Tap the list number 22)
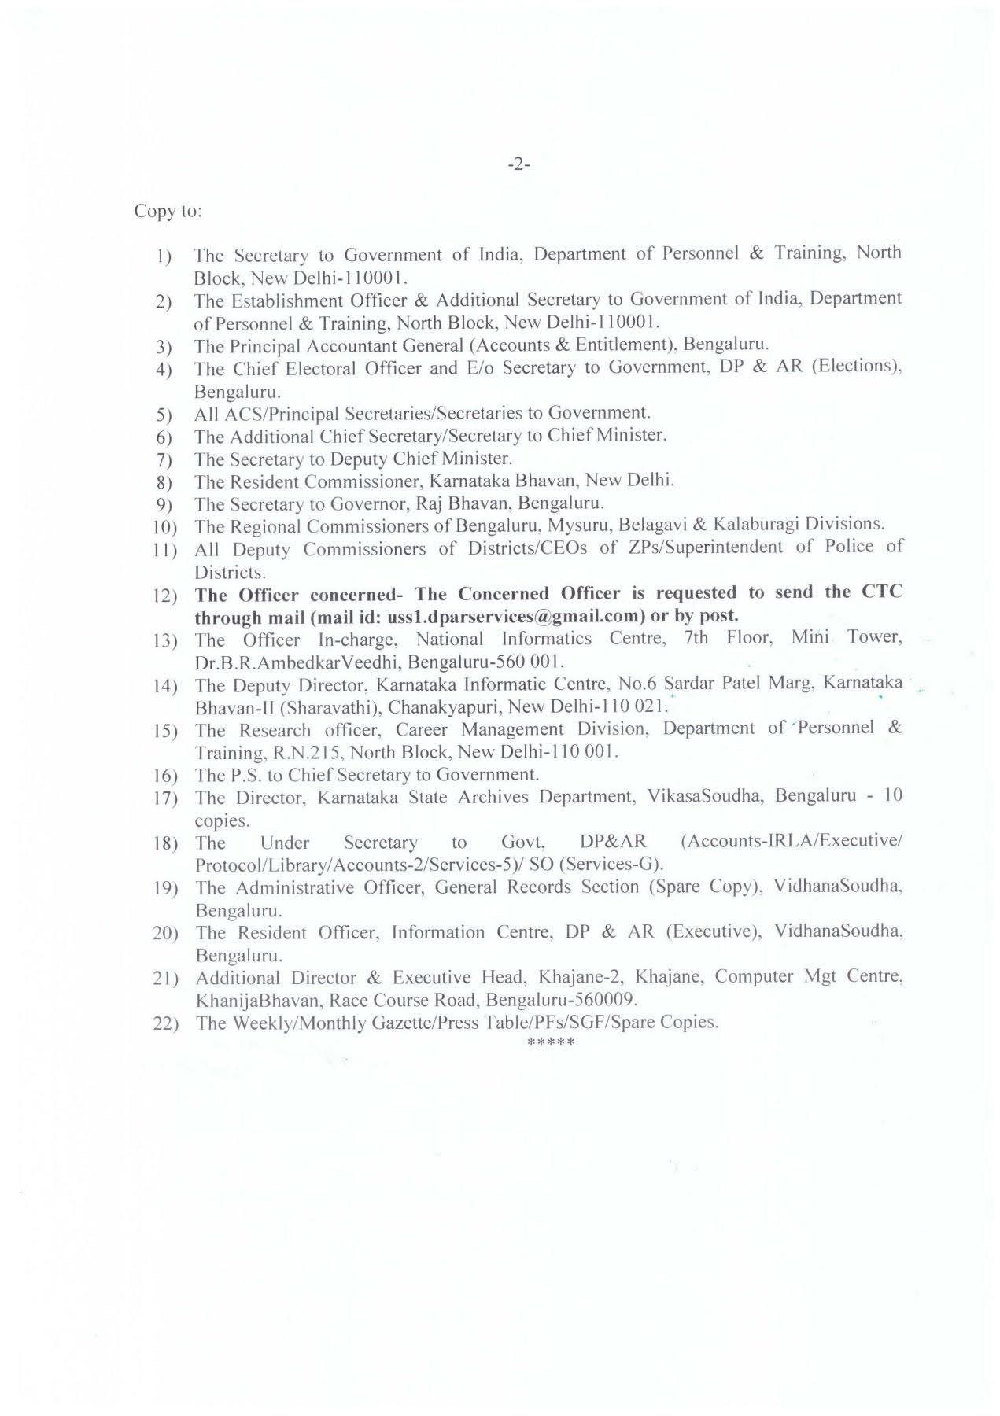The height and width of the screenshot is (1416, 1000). point(166,1024)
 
